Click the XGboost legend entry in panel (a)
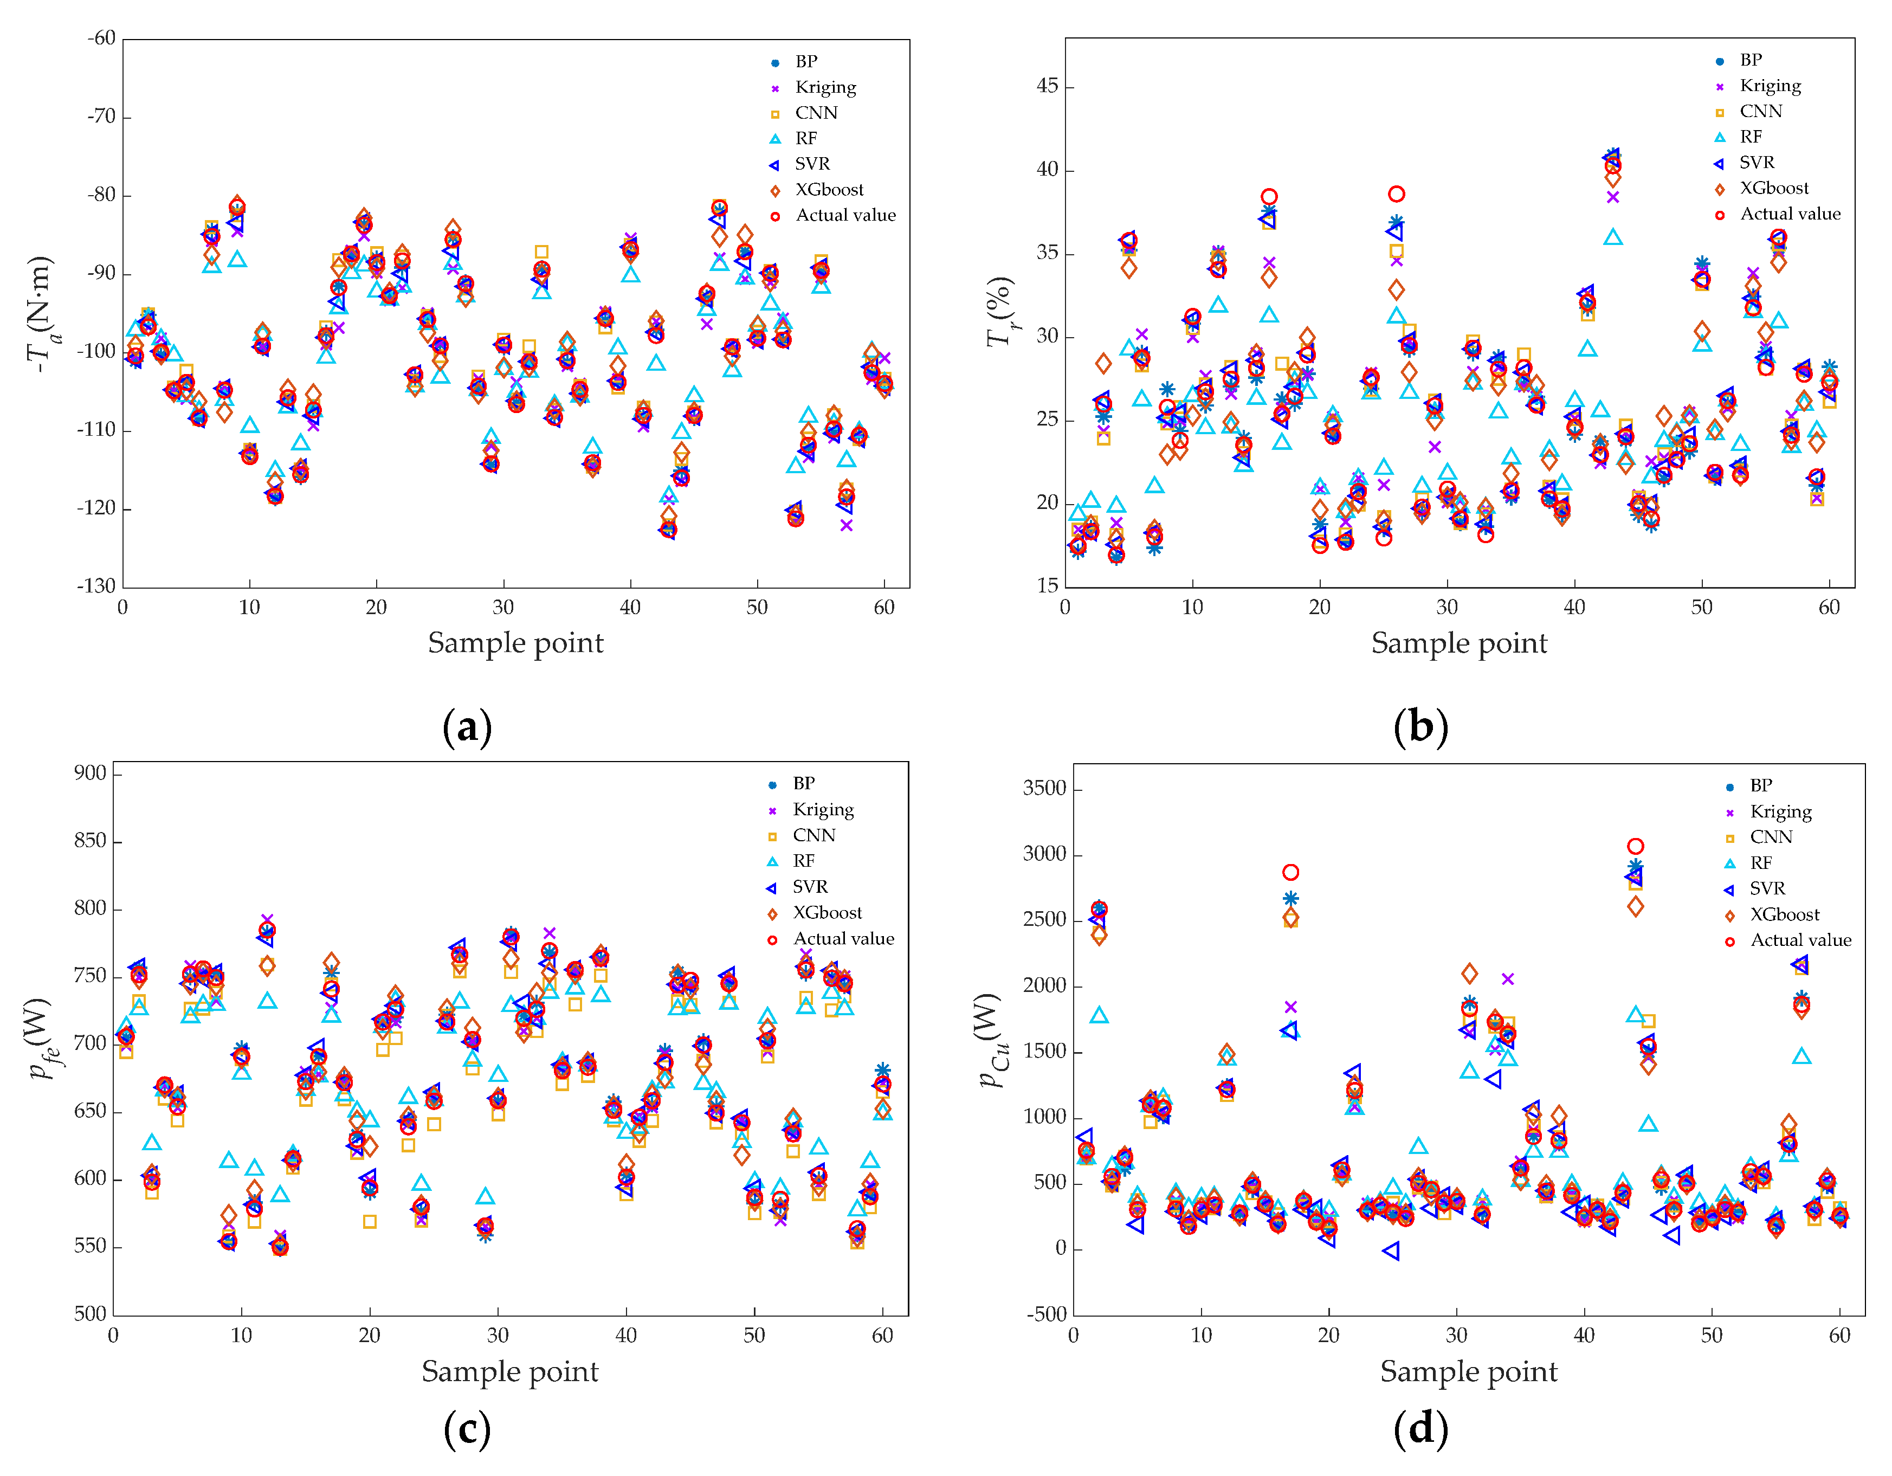[x=828, y=190]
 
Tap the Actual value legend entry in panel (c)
[x=843, y=939]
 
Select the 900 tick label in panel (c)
[x=90, y=774]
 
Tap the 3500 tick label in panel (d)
[x=1044, y=788]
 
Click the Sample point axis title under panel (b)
[x=1459, y=643]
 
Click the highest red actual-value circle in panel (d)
[x=1635, y=846]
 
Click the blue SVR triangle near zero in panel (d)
[x=1391, y=1251]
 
